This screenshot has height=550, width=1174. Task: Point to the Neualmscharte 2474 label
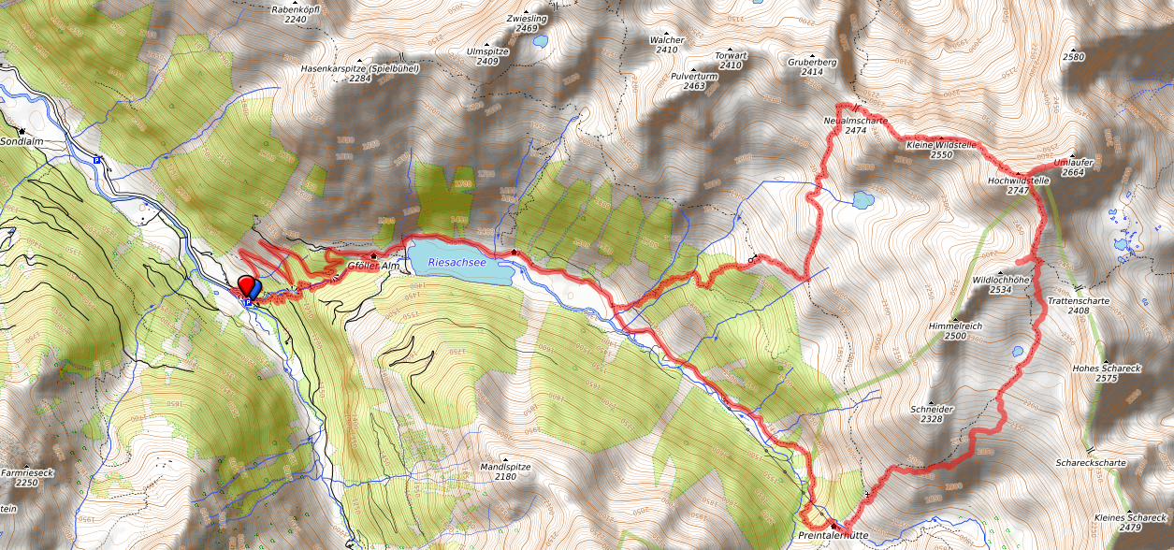pyautogui.click(x=855, y=125)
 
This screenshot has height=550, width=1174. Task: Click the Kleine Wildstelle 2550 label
pyautogui.click(x=941, y=150)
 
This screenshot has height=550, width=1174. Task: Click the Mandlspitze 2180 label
pyautogui.click(x=505, y=470)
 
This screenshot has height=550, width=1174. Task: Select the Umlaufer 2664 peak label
pyautogui.click(x=1073, y=166)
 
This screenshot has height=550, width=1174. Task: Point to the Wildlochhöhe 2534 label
pyautogui.click(x=1002, y=284)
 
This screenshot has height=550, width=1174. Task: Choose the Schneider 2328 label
pyautogui.click(x=931, y=414)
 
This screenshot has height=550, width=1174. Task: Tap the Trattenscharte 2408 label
pyautogui.click(x=1078, y=305)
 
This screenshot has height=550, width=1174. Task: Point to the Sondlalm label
pyautogui.click(x=21, y=142)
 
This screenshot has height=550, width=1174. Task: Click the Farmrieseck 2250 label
pyautogui.click(x=26, y=477)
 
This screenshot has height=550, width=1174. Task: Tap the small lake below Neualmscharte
pyautogui.click(x=863, y=200)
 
